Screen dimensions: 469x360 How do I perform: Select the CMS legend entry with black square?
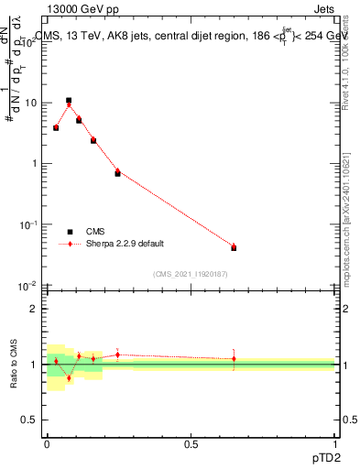pyautogui.click(x=71, y=232)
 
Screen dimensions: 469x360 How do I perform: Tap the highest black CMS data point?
pyautogui.click(x=69, y=100)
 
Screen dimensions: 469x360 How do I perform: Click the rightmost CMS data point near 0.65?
pyautogui.click(x=234, y=247)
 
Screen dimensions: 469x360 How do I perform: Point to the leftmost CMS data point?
pyautogui.click(x=56, y=127)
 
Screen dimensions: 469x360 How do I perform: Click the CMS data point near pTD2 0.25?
pyautogui.click(x=117, y=173)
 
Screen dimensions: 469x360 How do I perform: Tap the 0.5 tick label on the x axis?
pyautogui.click(x=191, y=443)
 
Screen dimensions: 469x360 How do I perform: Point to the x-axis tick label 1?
pyautogui.click(x=334, y=443)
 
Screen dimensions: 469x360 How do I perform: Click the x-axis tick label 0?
pyautogui.click(x=47, y=443)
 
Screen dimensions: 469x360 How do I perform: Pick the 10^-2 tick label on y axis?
pyautogui.click(x=28, y=286)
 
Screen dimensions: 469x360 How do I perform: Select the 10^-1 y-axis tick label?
pyautogui.click(x=28, y=224)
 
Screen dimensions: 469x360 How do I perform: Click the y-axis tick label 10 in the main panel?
pyautogui.click(x=30, y=103)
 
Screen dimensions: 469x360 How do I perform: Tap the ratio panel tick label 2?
pyautogui.click(x=36, y=309)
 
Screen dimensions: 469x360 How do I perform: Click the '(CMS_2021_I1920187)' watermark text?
pyautogui.click(x=191, y=273)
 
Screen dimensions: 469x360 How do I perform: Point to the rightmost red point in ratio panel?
pyautogui.click(x=234, y=359)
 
